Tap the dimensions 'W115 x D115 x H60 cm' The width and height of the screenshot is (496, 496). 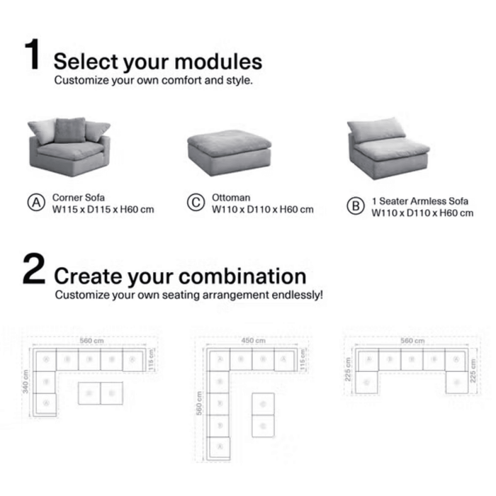pyautogui.click(x=103, y=209)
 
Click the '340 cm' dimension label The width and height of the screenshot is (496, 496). pyautogui.click(x=26, y=382)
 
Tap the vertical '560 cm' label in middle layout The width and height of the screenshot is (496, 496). pyautogui.click(x=201, y=412)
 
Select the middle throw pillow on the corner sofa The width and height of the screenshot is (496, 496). pyautogui.click(x=70, y=130)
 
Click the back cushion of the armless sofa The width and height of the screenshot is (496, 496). pyautogui.click(x=377, y=130)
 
